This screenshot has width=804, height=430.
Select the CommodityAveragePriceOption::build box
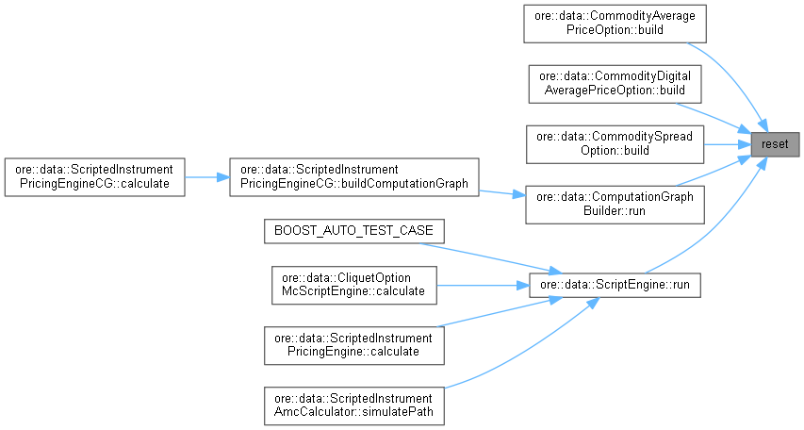[x=615, y=24]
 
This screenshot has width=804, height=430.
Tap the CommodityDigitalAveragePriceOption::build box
[x=615, y=83]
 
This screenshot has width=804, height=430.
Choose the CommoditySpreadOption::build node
[x=615, y=143]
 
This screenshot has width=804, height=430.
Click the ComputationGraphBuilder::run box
[x=615, y=204]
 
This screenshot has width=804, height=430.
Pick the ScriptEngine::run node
[x=615, y=283]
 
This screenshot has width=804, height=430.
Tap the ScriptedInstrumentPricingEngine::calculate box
[x=353, y=344]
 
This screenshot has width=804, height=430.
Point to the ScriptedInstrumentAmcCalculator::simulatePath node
[x=353, y=405]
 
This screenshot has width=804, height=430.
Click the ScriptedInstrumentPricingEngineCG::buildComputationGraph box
[x=353, y=176]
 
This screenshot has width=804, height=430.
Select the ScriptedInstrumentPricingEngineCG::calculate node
[x=93, y=176]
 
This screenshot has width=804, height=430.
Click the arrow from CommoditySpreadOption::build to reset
[x=726, y=143]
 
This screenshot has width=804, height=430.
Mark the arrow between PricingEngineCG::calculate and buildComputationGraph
[x=206, y=176]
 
